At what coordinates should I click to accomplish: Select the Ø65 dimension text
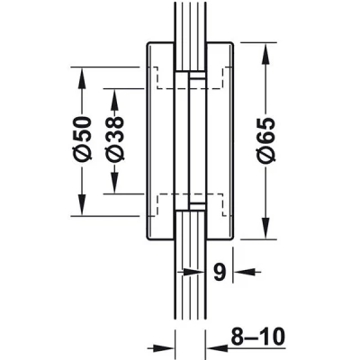(265, 140)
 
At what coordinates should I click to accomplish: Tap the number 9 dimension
(220, 272)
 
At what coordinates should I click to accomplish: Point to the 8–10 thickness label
(257, 337)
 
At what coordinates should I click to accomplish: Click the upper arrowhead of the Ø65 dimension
(265, 53)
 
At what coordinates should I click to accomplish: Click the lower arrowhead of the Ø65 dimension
(265, 229)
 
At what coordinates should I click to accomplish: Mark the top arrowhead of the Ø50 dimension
(82, 78)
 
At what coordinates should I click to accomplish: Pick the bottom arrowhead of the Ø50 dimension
(82, 204)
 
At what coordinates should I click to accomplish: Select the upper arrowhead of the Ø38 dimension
(114, 100)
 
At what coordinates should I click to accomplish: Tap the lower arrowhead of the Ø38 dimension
(114, 183)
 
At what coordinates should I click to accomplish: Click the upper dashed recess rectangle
(190, 78)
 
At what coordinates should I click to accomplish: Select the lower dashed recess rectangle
(190, 205)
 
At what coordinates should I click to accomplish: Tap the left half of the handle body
(160, 141)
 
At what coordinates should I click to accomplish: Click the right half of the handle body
(220, 141)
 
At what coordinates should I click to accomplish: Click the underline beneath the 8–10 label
(258, 348)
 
